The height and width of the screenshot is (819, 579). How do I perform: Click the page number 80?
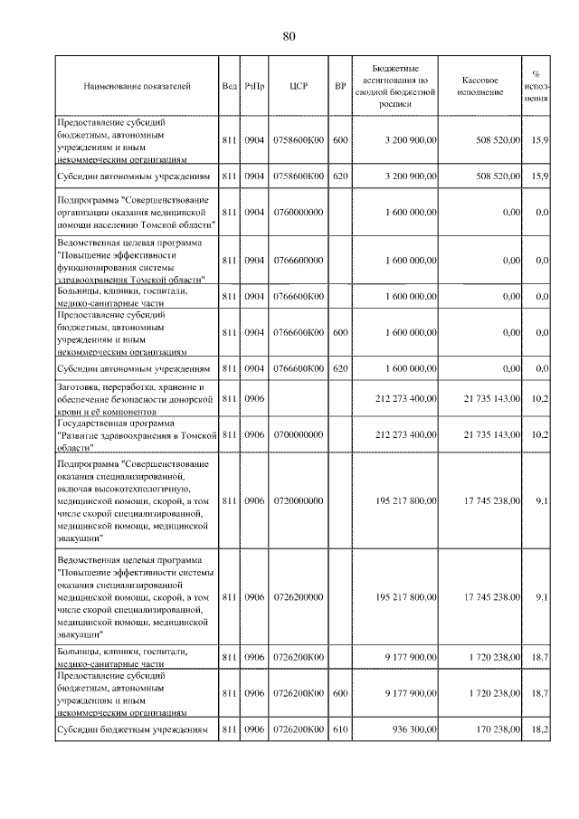coord(289,36)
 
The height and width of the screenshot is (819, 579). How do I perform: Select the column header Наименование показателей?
coord(138,87)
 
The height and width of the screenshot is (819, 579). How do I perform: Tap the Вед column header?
coord(229,87)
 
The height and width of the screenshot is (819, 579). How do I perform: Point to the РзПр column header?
coord(254,87)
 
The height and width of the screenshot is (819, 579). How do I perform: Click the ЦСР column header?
coord(299,87)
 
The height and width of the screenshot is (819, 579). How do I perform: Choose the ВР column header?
coord(340,87)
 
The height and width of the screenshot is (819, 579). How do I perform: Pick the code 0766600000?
coord(299,260)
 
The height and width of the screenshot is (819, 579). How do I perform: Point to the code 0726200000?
coord(299,596)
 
